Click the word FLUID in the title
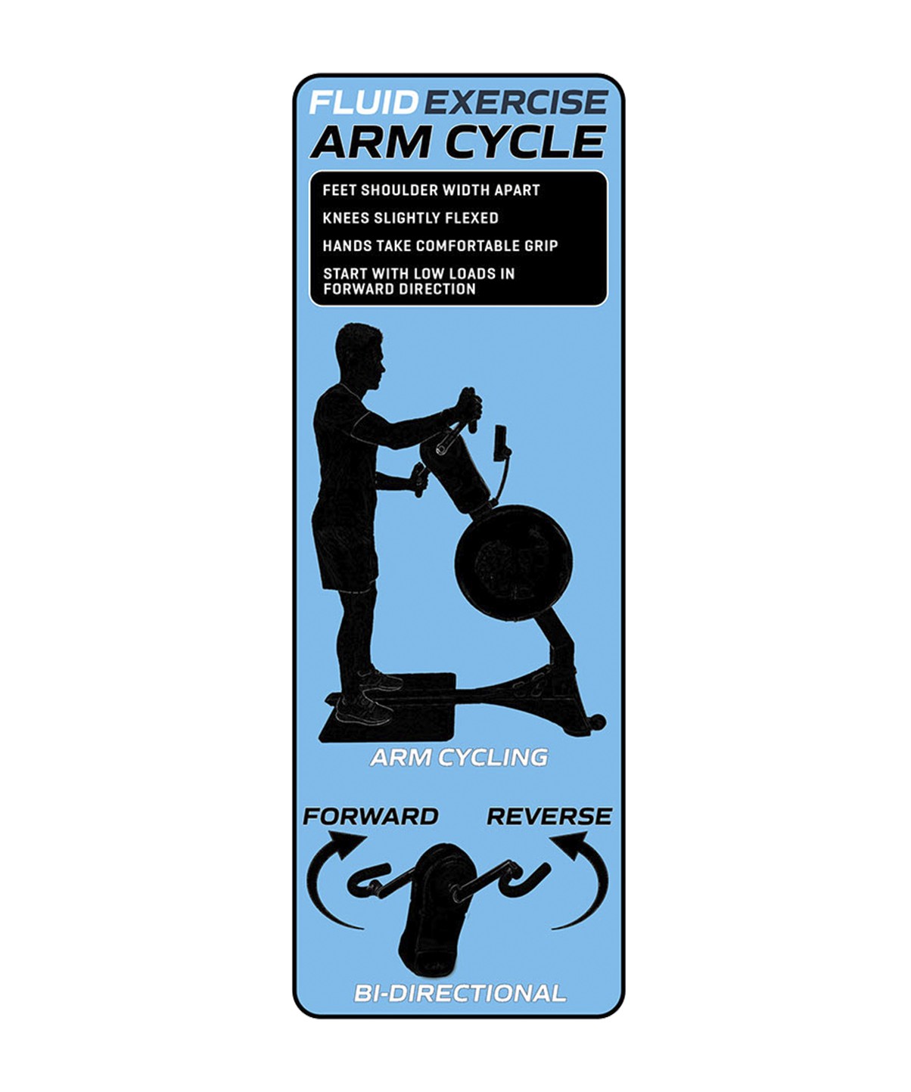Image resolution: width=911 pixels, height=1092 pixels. point(363,102)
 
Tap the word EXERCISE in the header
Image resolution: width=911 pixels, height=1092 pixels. point(512,102)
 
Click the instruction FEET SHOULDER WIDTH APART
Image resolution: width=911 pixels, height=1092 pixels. point(431,190)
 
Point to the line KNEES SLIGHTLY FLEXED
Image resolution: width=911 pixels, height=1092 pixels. point(410,218)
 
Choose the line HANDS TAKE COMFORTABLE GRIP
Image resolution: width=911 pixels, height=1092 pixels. point(440,245)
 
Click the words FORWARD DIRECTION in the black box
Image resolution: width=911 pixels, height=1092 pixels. point(400,289)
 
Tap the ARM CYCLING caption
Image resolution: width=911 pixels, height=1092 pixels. point(459,757)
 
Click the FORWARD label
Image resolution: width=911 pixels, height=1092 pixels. point(371,817)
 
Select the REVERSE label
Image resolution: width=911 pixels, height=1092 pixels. point(549,817)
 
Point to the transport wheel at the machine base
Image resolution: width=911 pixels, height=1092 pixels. point(597,722)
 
